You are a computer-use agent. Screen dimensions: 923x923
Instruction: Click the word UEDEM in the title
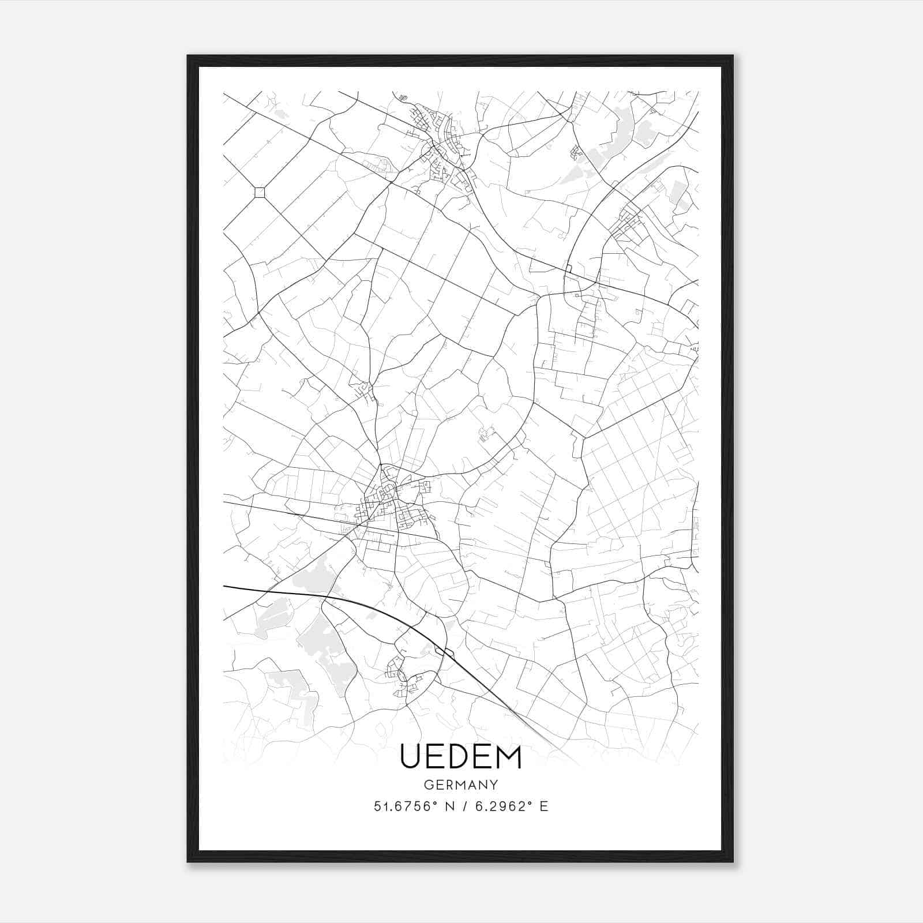pyautogui.click(x=461, y=757)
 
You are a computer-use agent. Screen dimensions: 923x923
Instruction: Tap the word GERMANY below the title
pyautogui.click(x=461, y=785)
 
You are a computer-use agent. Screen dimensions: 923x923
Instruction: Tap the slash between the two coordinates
pyautogui.click(x=463, y=806)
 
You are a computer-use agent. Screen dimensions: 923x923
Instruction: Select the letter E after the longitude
pyautogui.click(x=543, y=806)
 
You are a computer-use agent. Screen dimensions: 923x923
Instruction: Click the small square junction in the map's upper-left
pyautogui.click(x=260, y=192)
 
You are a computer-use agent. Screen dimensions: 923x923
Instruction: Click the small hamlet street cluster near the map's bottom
pyautogui.click(x=404, y=675)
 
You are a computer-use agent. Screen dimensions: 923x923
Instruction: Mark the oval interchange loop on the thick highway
pyautogui.click(x=445, y=652)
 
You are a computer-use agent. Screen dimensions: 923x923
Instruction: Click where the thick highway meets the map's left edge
pyautogui.click(x=224, y=587)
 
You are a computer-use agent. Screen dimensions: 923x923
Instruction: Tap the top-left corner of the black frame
pyautogui.click(x=188, y=57)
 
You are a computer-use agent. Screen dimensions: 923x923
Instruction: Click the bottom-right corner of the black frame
pyautogui.click(x=732, y=861)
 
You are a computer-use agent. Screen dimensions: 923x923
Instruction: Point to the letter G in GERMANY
pyautogui.click(x=427, y=785)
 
